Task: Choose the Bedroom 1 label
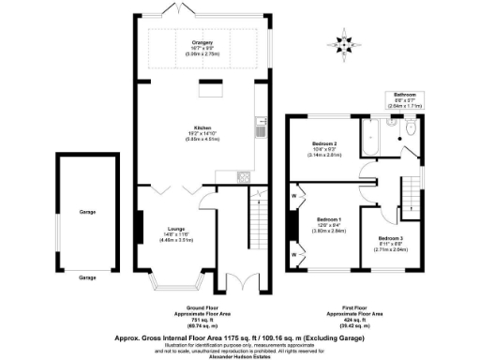327,220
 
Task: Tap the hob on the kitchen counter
243,175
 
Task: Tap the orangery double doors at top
175,10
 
